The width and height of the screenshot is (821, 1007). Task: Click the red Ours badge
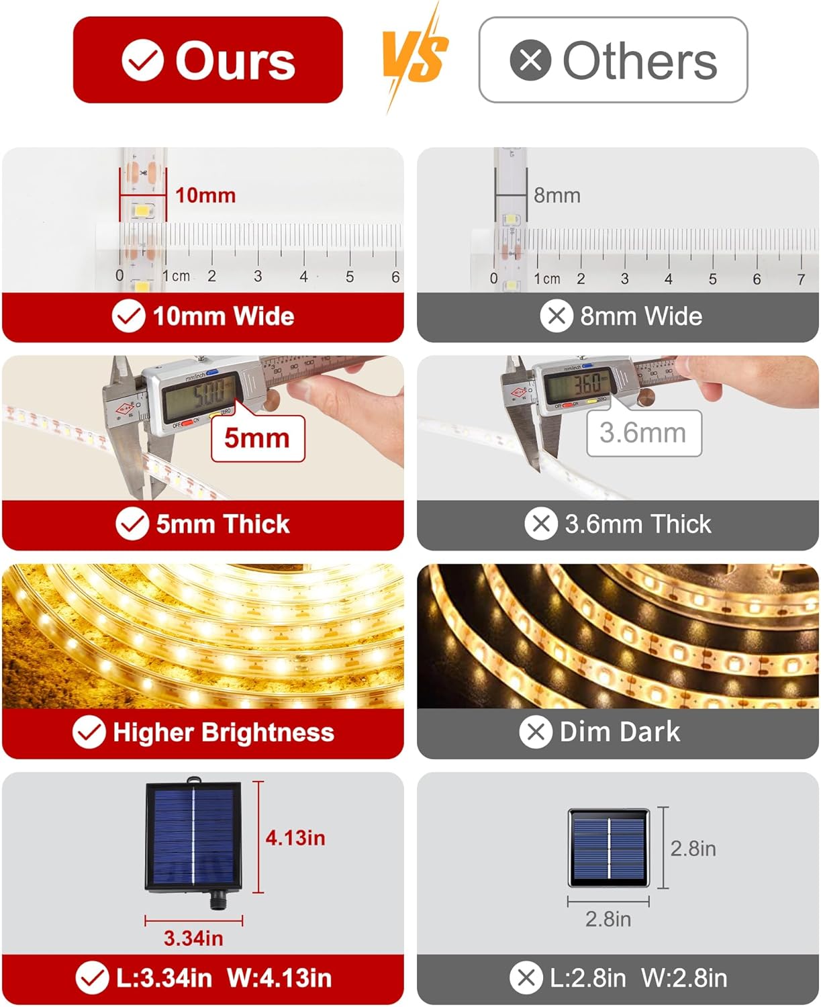(207, 60)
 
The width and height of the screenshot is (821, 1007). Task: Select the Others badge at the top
(613, 60)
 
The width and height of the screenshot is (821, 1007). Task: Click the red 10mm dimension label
(205, 195)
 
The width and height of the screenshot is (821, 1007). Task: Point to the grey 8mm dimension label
(557, 195)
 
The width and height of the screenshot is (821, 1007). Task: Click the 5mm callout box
(258, 438)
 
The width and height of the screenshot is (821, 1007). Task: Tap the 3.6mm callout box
(643, 433)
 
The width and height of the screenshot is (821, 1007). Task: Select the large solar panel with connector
(193, 836)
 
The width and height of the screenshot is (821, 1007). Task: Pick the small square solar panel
(609, 848)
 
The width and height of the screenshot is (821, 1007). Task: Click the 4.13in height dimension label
(295, 838)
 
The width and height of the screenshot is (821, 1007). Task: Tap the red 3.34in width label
(193, 938)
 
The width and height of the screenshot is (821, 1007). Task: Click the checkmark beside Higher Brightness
(89, 732)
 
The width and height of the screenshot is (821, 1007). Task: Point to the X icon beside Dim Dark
(536, 732)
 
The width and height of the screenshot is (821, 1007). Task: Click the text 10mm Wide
(223, 316)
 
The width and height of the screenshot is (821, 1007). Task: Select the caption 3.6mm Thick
(637, 524)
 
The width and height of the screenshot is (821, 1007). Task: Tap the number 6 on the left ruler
(395, 277)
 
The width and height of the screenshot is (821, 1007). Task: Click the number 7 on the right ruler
(801, 279)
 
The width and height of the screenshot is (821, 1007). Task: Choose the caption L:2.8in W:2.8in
(638, 978)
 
